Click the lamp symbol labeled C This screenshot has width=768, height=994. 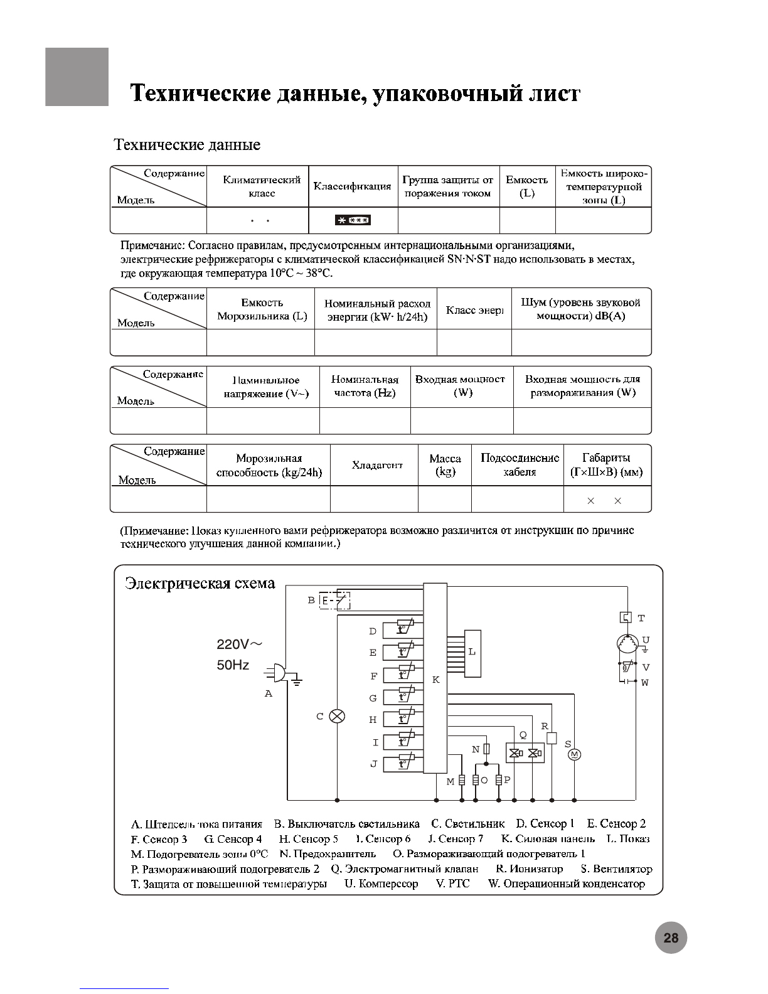click(337, 716)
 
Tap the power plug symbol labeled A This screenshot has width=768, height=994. click(279, 673)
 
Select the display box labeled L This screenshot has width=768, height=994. click(472, 653)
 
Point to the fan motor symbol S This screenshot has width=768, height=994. click(574, 754)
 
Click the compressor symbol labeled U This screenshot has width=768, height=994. click(627, 644)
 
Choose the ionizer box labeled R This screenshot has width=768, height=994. click(552, 738)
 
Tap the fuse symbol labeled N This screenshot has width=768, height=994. click(486, 749)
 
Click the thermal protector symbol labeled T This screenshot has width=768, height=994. click(626, 617)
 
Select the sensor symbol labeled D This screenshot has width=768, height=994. click(405, 629)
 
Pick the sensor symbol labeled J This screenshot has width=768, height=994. click(405, 762)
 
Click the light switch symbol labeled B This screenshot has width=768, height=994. click(335, 601)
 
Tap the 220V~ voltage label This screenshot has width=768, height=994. click(239, 644)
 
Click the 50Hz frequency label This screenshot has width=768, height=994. click(233, 665)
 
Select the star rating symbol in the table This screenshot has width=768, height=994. click(353, 220)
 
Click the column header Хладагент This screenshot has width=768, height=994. click(377, 465)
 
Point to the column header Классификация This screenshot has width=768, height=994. click(352, 186)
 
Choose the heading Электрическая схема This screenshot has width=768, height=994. click(200, 583)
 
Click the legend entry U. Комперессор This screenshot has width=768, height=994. click(381, 884)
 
